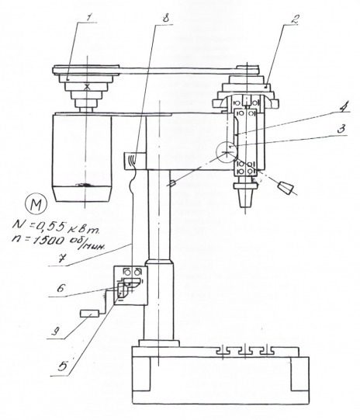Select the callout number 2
tap(296, 19)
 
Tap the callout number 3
tap(341, 130)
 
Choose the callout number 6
tap(61, 289)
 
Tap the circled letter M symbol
tap(36, 205)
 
